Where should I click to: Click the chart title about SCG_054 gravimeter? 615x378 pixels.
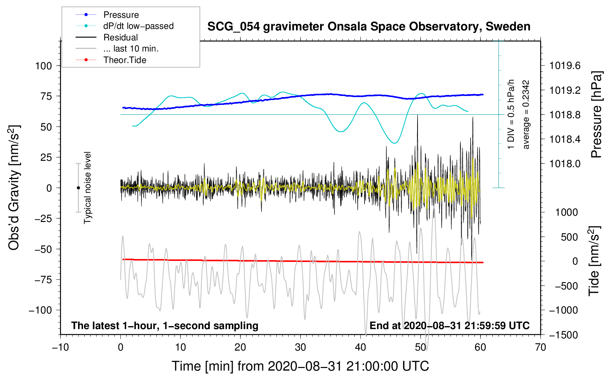pos(369,27)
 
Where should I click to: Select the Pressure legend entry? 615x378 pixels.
pos(121,15)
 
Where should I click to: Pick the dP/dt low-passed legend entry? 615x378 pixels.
pos(138,26)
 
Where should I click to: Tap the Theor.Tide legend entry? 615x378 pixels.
pos(124,60)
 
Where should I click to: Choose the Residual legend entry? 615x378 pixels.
pos(120,37)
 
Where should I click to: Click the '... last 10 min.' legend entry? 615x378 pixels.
pos(131,49)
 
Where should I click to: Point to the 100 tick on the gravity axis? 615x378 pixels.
pos(43,66)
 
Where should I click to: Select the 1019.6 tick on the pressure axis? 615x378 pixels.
pos(565,66)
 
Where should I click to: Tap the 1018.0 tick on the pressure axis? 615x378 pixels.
pos(565,164)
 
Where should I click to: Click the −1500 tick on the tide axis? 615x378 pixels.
pos(564,335)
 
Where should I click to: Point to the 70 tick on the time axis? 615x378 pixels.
pos(541,347)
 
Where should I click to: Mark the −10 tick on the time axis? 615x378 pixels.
pos(60,347)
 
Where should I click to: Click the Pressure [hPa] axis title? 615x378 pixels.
pos(596,115)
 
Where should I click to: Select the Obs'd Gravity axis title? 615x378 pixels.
pos(14,188)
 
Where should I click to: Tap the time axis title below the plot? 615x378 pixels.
pos(300,366)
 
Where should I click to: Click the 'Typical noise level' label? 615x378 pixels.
pos(87,188)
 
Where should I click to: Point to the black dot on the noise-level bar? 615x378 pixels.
pos(78,188)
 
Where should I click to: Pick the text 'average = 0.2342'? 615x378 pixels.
pos(526,115)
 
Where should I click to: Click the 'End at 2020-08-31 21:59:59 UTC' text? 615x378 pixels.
pos(449,326)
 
